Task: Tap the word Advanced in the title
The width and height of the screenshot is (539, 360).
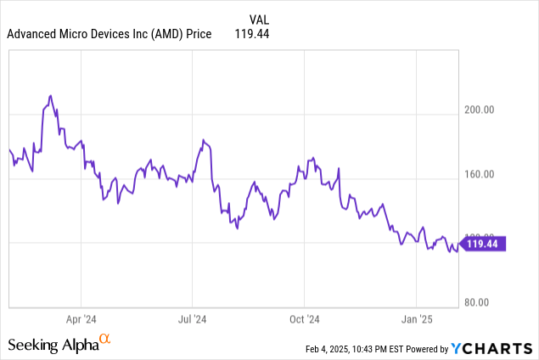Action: click(34, 34)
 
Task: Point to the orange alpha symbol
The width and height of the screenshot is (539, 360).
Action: click(105, 340)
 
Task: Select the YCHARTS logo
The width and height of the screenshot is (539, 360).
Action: click(492, 348)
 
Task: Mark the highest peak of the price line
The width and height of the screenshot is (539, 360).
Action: click(50, 96)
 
